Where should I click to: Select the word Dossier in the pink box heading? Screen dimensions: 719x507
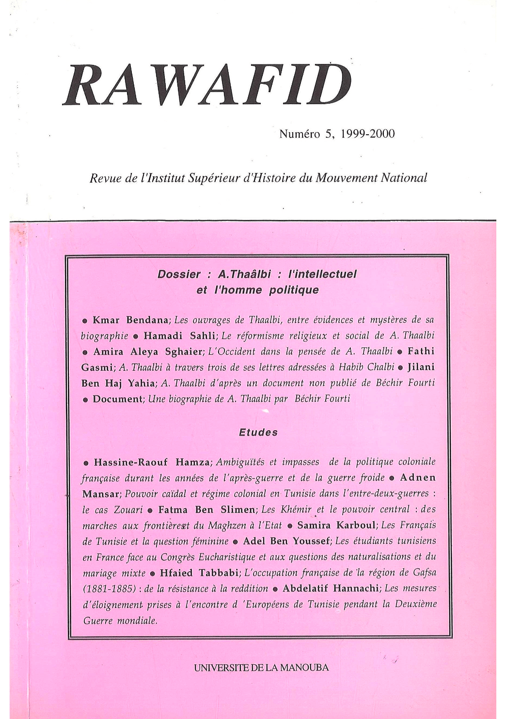pyautogui.click(x=179, y=274)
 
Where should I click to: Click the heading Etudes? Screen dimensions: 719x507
pyautogui.click(x=258, y=432)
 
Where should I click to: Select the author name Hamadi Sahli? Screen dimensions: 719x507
pyautogui.click(x=179, y=335)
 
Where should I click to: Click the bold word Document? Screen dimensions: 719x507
pyautogui.click(x=117, y=399)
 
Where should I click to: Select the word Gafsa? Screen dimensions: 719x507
pyautogui.click(x=425, y=572)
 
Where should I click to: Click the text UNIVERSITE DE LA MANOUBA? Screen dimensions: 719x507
pyautogui.click(x=261, y=667)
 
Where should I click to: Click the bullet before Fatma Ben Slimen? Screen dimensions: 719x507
pyautogui.click(x=151, y=510)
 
